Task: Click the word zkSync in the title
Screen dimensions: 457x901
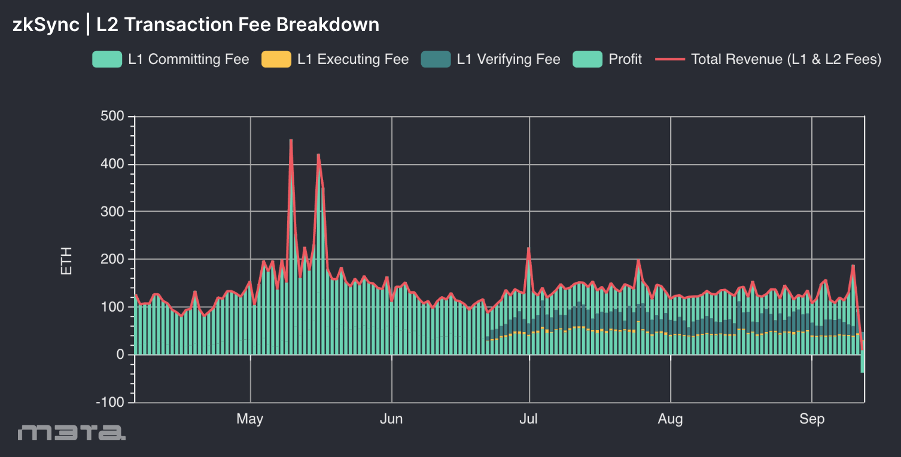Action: [x=45, y=25]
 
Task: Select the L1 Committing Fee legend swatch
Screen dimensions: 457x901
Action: [x=107, y=59]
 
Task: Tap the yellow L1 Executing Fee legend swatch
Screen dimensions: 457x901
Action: [x=276, y=59]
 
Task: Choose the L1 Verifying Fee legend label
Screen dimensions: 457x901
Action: [x=508, y=59]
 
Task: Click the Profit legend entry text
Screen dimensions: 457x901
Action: [x=625, y=59]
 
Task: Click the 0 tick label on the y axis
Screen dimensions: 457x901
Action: [x=120, y=355]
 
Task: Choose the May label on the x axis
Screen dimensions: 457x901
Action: [x=250, y=419]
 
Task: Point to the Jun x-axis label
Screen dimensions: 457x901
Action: [x=391, y=419]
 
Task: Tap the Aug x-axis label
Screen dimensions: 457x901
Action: [x=670, y=419]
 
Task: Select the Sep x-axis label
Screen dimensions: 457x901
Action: [x=812, y=419]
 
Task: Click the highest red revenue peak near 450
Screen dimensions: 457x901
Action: [x=291, y=141]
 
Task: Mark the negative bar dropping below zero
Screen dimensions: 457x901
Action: [x=862, y=364]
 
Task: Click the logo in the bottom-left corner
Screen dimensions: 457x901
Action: [x=72, y=432]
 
